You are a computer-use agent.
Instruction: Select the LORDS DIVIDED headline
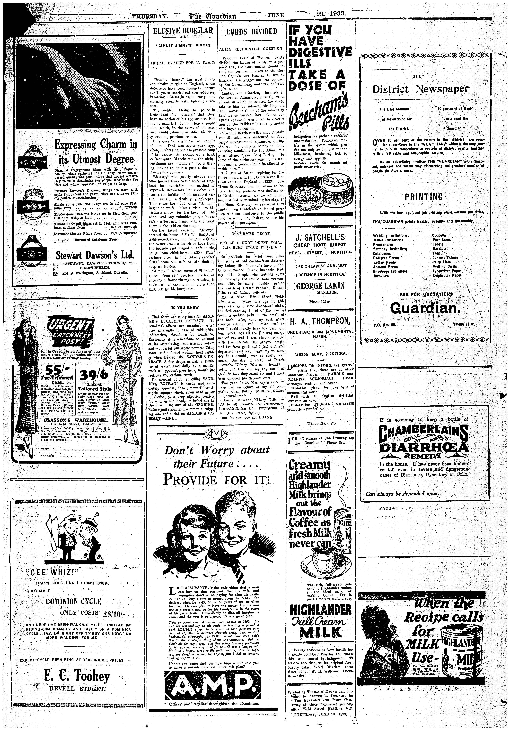(252, 32)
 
